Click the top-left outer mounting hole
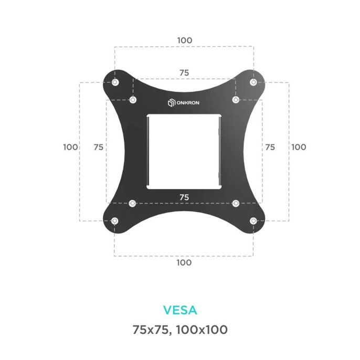pyautogui.click(x=115, y=82)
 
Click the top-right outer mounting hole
pyautogui.click(x=253, y=82)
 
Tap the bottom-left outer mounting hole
pyautogui.click(x=114, y=221)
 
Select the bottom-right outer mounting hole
pyautogui.click(x=253, y=221)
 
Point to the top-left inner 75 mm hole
pyautogui.click(x=133, y=100)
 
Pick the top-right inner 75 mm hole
pyautogui.click(x=236, y=100)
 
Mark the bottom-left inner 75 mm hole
pyautogui.click(x=132, y=203)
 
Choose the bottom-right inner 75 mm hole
pyautogui.click(x=236, y=203)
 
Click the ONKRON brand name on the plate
pyautogui.click(x=188, y=103)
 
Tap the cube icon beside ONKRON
pyautogui.click(x=172, y=103)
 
